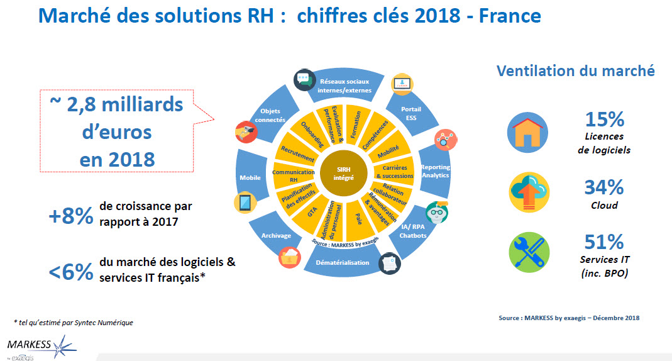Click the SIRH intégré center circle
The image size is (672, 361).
[343, 173]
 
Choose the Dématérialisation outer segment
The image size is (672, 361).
[343, 262]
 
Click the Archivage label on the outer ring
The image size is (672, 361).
[276, 235]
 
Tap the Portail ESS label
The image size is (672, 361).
[411, 113]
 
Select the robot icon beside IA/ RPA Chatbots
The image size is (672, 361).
[437, 212]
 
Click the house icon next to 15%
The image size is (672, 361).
[527, 133]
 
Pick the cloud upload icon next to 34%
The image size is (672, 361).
[529, 192]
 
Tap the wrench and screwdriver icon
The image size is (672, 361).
[529, 253]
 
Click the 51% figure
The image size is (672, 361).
[604, 242]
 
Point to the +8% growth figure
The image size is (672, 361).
[70, 216]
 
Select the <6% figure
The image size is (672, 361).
[70, 272]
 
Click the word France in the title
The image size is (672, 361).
[510, 16]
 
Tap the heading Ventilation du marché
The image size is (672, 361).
[576, 70]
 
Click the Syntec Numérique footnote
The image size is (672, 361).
[74, 323]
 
